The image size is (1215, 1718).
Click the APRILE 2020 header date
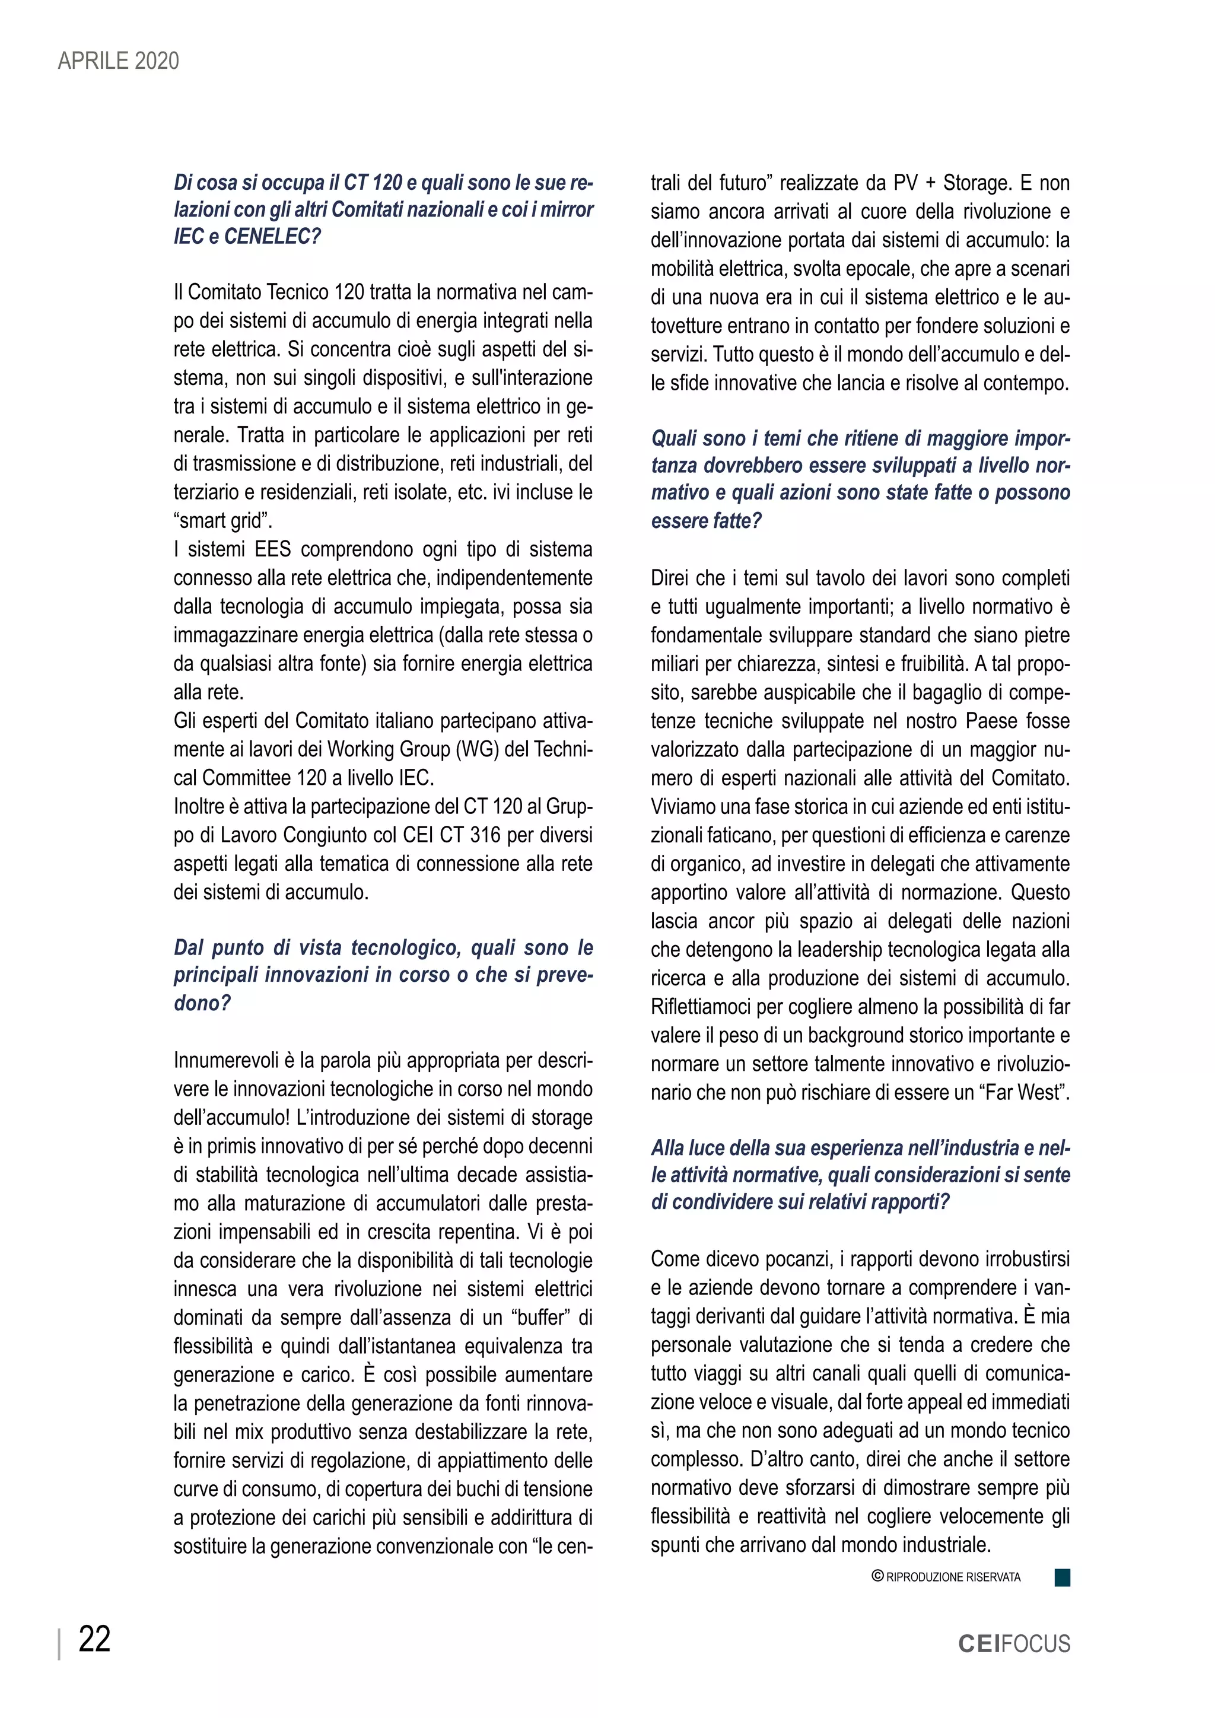[x=118, y=61]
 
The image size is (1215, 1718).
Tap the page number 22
[x=94, y=1640]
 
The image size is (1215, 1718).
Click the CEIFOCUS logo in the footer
[x=1014, y=1644]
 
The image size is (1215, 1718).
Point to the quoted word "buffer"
[x=541, y=1318]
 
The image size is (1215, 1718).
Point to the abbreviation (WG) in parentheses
[x=478, y=749]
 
